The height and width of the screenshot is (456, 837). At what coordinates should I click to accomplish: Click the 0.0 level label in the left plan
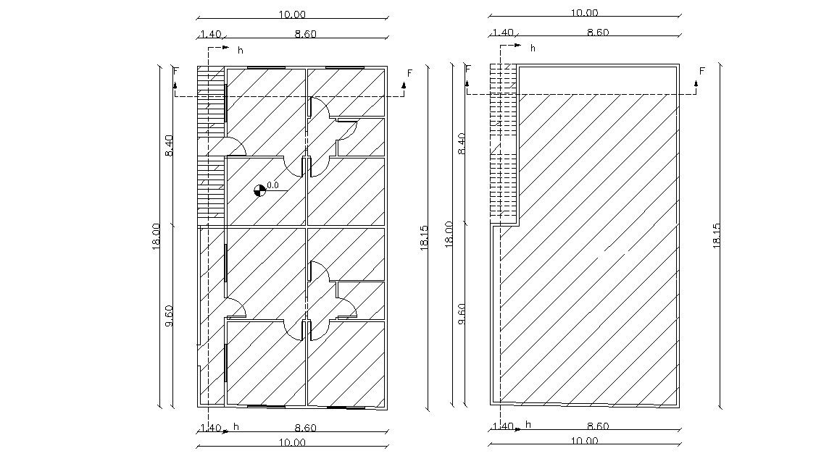[x=273, y=185]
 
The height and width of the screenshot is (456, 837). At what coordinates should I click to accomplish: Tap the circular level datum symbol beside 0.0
[x=259, y=191]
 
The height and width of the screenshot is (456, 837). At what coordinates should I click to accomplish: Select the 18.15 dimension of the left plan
[x=425, y=236]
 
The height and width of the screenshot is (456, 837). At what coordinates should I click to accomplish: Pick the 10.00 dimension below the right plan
[x=585, y=441]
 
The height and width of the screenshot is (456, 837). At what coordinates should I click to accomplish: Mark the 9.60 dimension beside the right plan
[x=462, y=314]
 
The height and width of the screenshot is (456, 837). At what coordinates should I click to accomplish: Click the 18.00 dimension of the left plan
[x=156, y=236]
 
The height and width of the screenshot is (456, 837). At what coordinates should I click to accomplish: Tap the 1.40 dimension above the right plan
[x=502, y=33]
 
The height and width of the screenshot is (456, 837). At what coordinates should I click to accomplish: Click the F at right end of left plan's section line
[x=410, y=73]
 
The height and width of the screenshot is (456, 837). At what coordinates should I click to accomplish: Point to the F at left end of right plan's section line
[x=468, y=69]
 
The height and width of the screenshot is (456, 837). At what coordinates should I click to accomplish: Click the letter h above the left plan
[x=241, y=49]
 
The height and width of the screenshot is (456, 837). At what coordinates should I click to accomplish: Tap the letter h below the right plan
[x=528, y=424]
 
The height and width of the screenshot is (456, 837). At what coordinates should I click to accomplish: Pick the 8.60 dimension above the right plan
[x=598, y=33]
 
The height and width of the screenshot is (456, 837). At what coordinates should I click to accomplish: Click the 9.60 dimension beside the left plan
[x=170, y=316]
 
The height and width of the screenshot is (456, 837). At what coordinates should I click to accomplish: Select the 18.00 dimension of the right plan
[x=449, y=236]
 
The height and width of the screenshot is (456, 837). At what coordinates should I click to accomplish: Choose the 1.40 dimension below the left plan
[x=210, y=428]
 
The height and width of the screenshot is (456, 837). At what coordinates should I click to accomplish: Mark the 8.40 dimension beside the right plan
[x=462, y=145]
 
